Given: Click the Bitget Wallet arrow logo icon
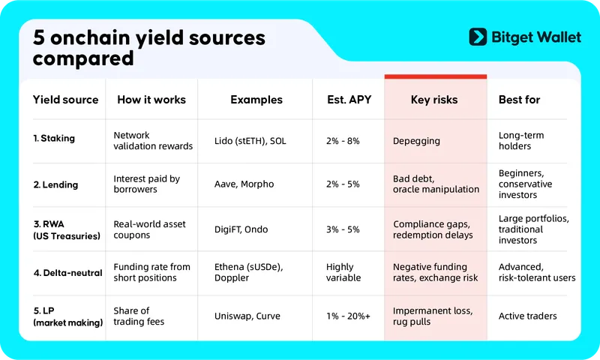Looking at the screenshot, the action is tap(478, 37).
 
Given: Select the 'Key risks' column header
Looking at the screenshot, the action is tap(434, 100).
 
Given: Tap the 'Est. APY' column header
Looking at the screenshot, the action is tap(349, 100).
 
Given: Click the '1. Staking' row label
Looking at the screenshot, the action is tap(54, 138).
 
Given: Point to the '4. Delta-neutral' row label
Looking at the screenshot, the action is tap(68, 273).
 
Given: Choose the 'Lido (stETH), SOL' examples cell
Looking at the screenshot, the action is tap(250, 141).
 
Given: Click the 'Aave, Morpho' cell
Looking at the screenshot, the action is tap(244, 184).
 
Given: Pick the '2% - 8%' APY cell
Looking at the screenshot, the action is tap(343, 141).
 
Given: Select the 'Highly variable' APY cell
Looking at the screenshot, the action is tap(343, 272).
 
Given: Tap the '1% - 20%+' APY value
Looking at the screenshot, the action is tap(348, 316).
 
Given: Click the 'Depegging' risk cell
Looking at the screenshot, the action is tap(416, 141).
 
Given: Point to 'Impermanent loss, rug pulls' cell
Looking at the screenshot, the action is tap(433, 316).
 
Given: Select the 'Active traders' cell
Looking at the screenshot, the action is tap(528, 316).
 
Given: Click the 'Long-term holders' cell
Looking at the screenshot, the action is tap(521, 140).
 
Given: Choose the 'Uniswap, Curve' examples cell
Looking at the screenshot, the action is tap(247, 316).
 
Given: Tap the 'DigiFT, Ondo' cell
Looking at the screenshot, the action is tap(241, 229).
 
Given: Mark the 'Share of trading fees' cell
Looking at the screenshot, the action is tap(139, 316).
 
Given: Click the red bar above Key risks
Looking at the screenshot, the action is tap(436, 76).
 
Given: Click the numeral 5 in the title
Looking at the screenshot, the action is tap(39, 37).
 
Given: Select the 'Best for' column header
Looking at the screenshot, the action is tap(519, 100).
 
